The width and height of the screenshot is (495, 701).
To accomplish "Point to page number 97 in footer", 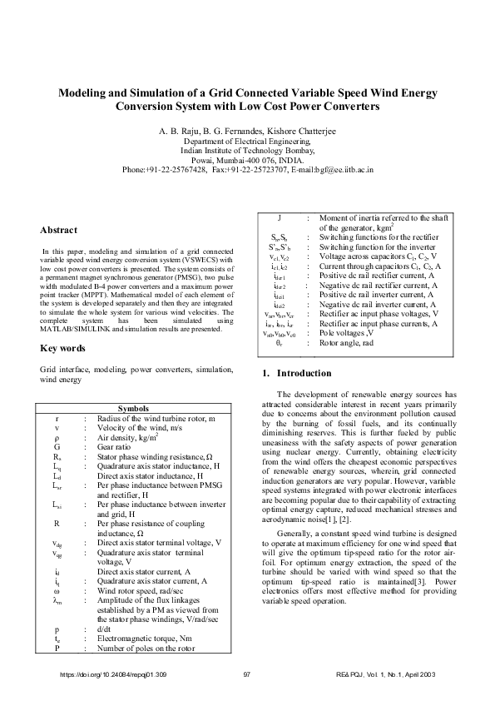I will (x=247, y=673).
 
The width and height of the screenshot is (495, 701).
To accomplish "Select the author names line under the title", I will (x=247, y=132).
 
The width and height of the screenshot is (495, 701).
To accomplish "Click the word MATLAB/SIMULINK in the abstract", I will (x=76, y=329).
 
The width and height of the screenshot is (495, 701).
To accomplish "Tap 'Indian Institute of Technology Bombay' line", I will (x=247, y=151).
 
